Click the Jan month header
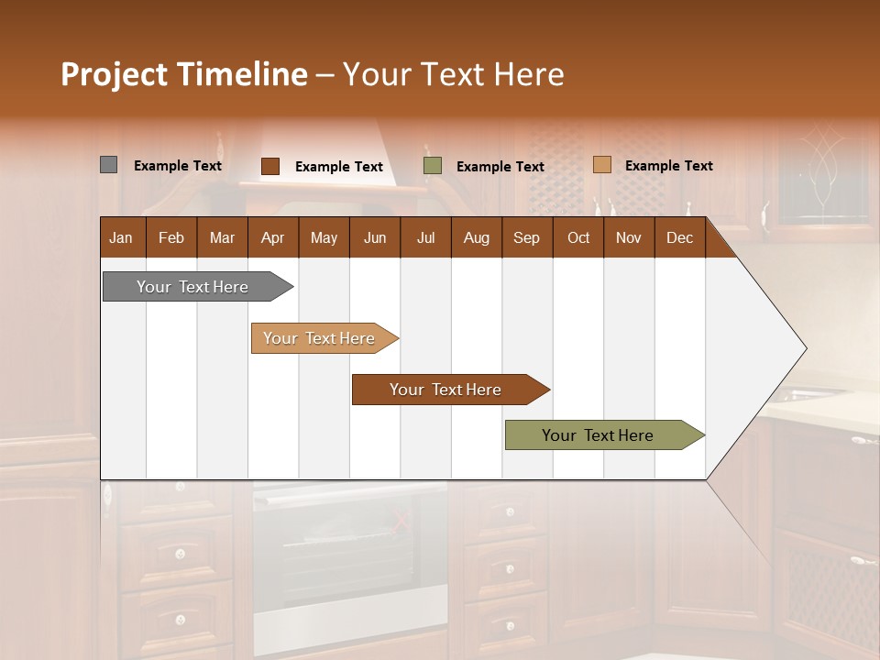coord(122,237)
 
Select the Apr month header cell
coord(273,237)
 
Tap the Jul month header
coord(425,237)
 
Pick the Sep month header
coord(527,237)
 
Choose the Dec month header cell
coord(679,237)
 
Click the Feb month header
coord(171,237)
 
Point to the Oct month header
coord(578,237)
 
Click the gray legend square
coord(108,165)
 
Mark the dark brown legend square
coord(269,166)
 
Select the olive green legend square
coord(433,166)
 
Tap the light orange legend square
coord(601,165)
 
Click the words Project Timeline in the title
coord(183,74)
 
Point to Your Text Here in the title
coord(454,74)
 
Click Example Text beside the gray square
coord(178,166)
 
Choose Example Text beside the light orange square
coord(669,166)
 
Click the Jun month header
coord(375,237)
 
